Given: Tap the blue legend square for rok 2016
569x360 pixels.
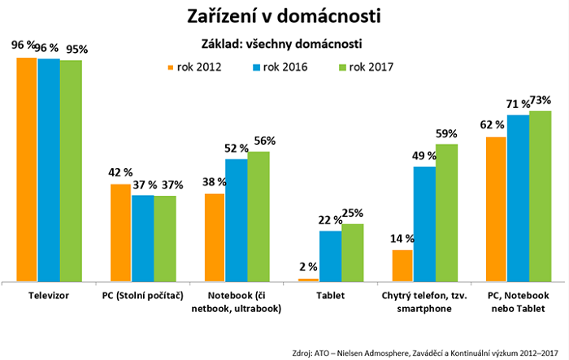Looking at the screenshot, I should click(259, 67).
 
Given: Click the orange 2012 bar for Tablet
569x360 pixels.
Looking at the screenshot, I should click(308, 280).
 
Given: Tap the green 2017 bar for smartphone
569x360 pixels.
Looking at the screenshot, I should click(446, 212).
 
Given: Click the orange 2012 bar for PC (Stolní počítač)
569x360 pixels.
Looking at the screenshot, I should click(121, 232).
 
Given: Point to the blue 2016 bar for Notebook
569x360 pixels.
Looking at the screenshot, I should click(237, 219).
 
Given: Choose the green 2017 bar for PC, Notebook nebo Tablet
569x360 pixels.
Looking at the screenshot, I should click(540, 196).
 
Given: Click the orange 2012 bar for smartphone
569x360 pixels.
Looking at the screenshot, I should click(403, 265).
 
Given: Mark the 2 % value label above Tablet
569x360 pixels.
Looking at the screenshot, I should click(308, 267).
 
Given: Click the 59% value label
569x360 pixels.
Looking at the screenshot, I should click(446, 134).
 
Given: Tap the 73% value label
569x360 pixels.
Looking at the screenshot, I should click(540, 101).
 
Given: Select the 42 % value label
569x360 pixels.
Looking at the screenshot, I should click(121, 172).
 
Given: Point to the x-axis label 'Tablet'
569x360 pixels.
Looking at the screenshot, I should click(329, 296).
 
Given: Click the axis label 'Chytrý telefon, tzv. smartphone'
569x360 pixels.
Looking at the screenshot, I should click(424, 301).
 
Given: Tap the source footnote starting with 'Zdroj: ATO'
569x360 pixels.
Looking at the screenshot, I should click(426, 353).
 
